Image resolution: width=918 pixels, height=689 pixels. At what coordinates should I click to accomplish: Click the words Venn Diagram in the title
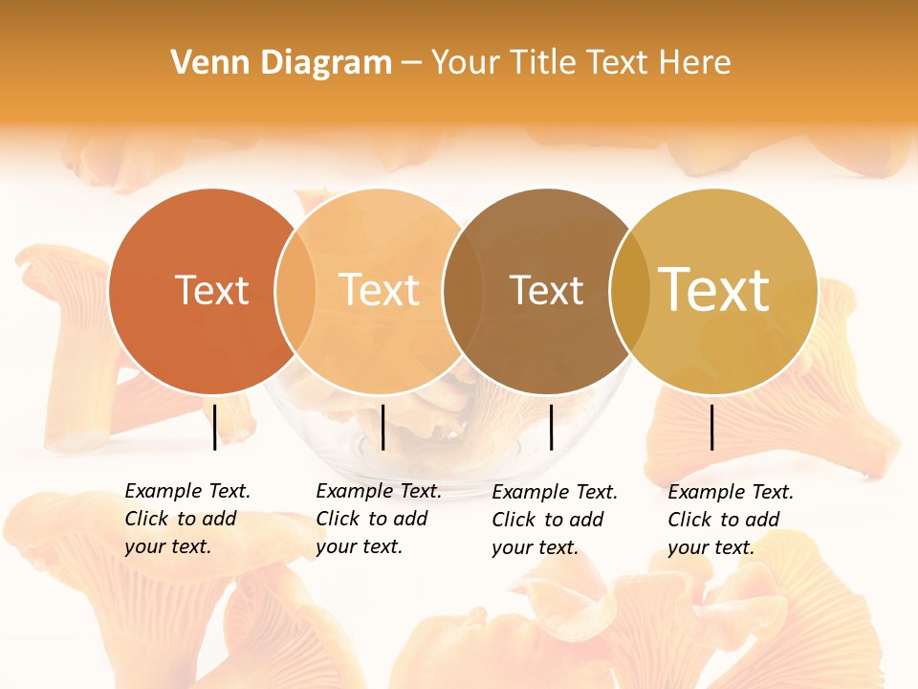[281, 63]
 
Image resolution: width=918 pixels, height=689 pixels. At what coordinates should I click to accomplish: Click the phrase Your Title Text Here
[580, 63]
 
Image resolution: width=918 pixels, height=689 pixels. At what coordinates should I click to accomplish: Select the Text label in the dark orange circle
[211, 290]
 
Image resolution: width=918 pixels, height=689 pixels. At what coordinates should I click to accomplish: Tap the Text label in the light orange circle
[379, 290]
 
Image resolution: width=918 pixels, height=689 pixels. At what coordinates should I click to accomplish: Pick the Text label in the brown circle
[546, 290]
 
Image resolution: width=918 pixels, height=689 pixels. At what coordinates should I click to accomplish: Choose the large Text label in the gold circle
[713, 290]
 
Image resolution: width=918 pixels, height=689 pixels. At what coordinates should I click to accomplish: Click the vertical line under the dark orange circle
[214, 427]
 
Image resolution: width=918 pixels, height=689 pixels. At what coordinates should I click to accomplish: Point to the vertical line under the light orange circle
[382, 427]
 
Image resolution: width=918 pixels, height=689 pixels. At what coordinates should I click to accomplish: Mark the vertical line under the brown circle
[551, 427]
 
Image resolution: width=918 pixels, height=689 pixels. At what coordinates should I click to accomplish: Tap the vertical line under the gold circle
[712, 427]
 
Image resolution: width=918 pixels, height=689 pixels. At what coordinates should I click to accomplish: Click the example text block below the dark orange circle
[186, 519]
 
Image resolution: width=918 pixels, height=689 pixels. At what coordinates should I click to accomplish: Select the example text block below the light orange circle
[378, 519]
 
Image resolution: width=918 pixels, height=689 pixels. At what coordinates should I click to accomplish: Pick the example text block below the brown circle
[554, 520]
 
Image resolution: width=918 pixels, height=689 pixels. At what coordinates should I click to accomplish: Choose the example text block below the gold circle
[730, 520]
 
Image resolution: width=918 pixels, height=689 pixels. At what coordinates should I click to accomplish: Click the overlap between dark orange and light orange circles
[295, 291]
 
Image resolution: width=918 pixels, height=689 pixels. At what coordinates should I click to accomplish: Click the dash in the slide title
[411, 63]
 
